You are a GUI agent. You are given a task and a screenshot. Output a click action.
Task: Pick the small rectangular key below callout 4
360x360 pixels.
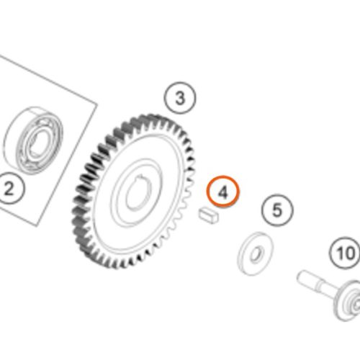209,215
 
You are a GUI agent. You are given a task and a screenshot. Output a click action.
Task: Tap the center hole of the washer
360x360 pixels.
256,254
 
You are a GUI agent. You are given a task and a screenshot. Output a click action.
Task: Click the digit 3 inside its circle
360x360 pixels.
180,98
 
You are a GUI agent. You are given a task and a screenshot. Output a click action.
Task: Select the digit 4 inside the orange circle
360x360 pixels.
223,192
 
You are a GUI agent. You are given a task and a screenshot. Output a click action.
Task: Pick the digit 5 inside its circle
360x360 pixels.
277,210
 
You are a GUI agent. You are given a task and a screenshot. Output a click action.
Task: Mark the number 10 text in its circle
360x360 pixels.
346,253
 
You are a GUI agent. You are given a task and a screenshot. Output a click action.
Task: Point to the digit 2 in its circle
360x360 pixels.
9,189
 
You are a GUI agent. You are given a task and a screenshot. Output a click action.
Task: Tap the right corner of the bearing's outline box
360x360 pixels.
97,104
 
